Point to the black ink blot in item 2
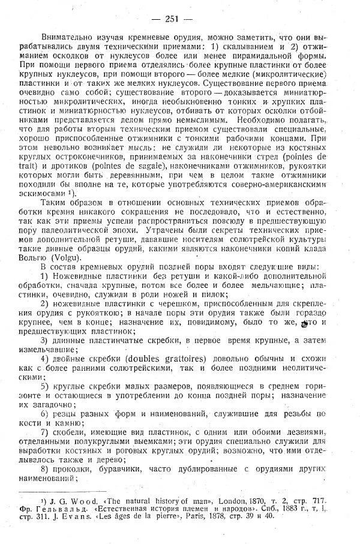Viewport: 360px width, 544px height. [x=304, y=323]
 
